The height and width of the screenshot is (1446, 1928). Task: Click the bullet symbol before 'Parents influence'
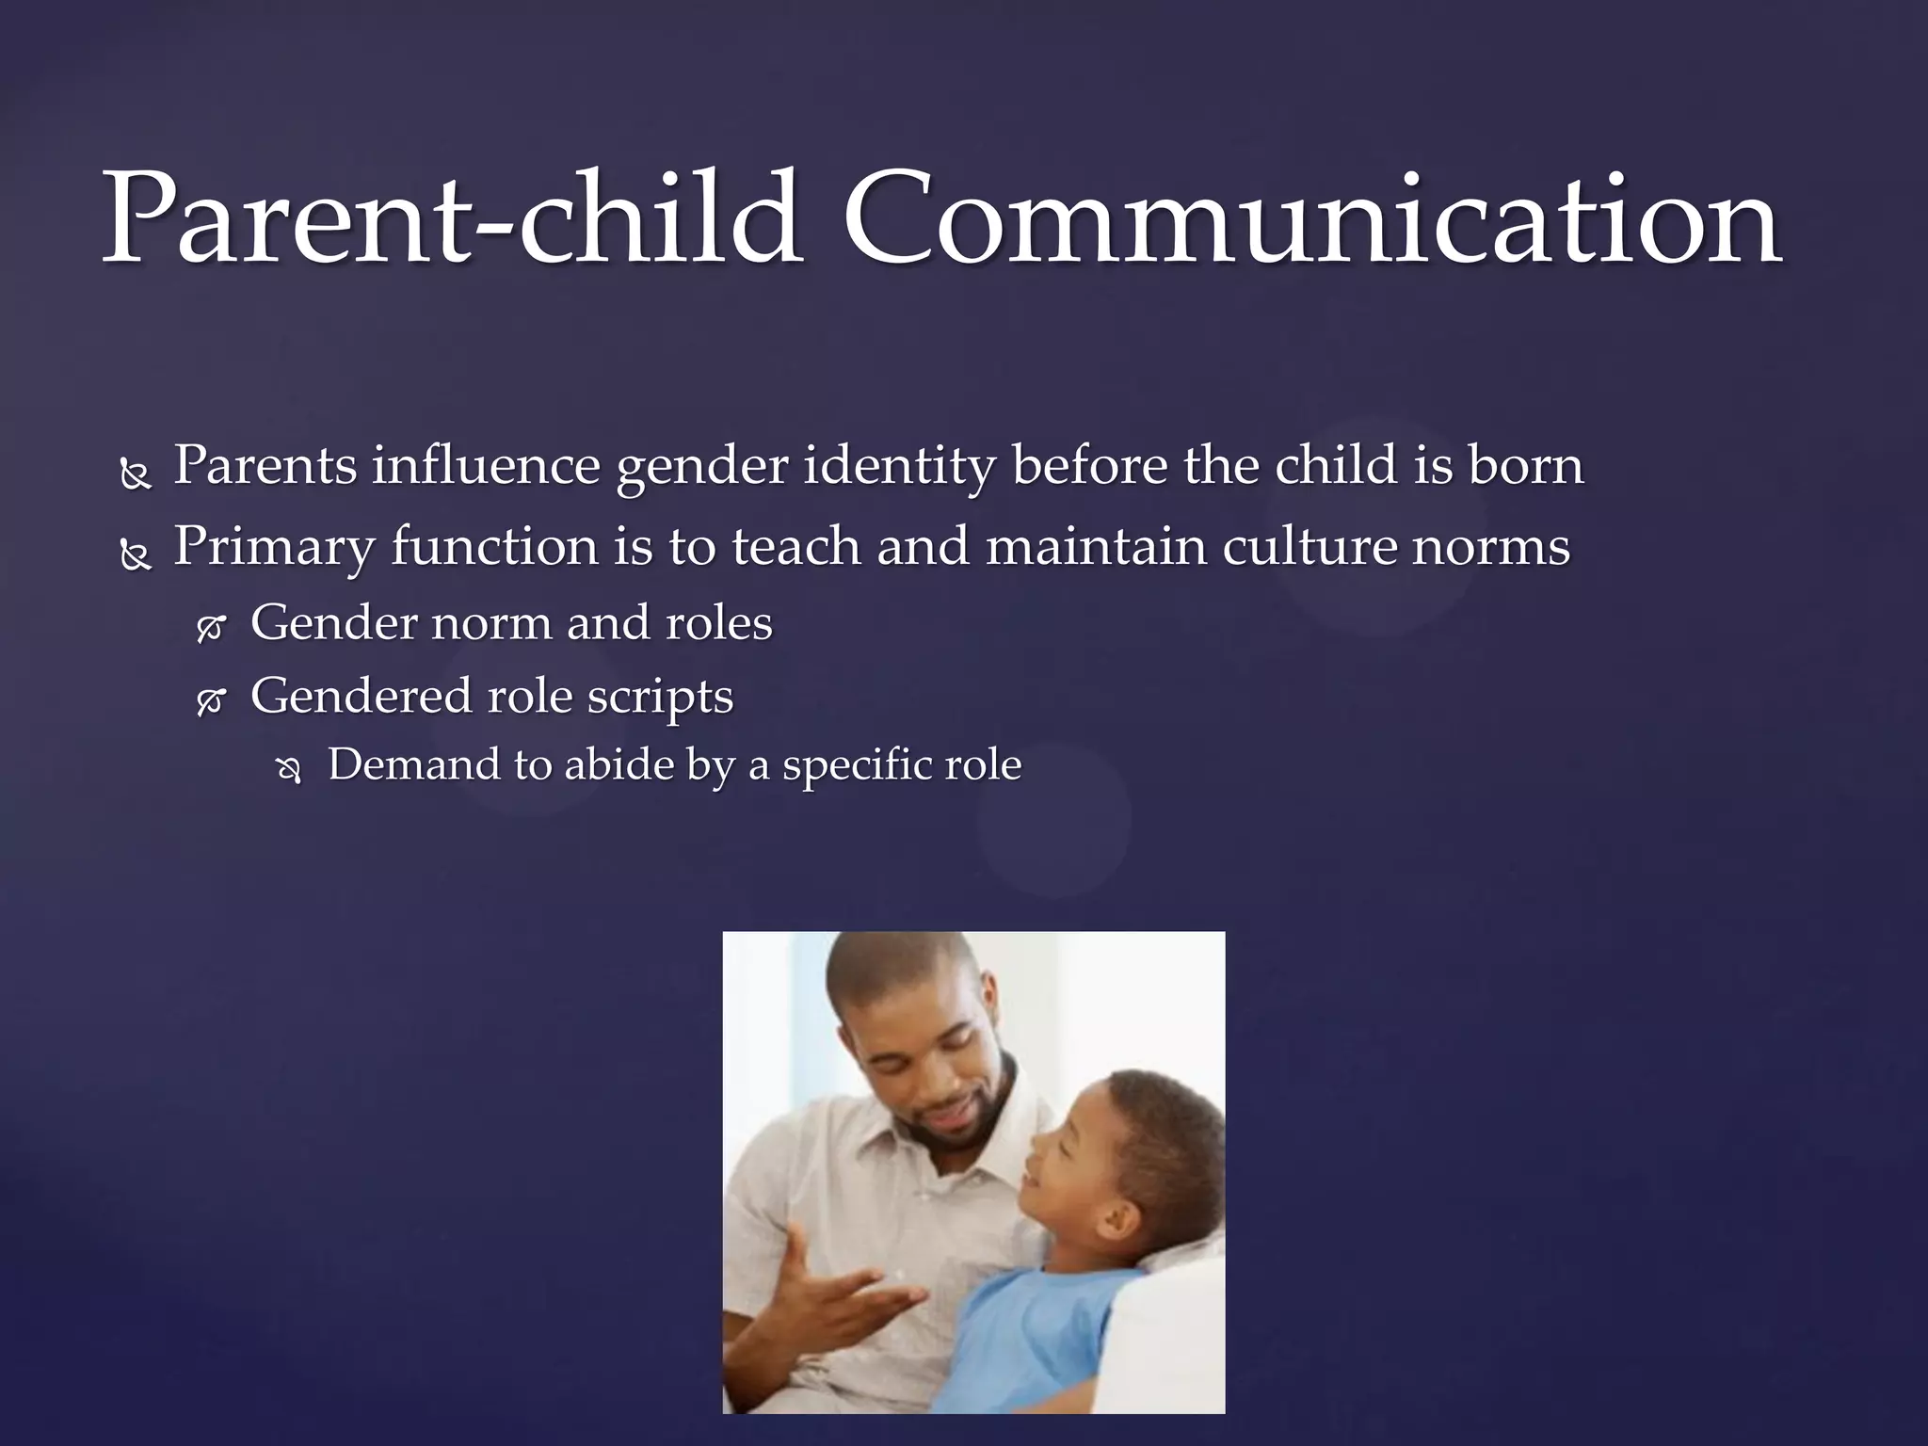point(136,476)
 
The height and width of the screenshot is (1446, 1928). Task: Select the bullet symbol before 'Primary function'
point(136,557)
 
